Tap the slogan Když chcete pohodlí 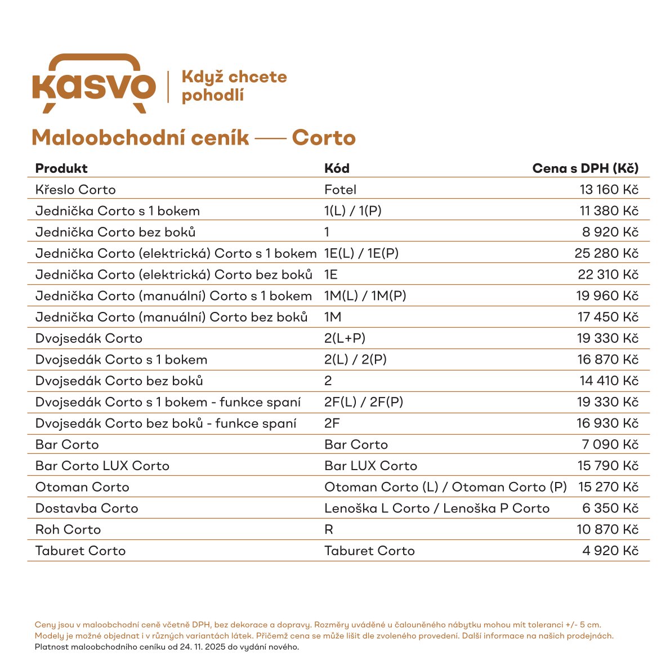click(234, 86)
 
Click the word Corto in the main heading click(324, 138)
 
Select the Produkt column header click(61, 168)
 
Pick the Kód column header click(337, 168)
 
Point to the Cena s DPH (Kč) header click(585, 168)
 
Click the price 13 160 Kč click(609, 190)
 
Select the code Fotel click(340, 190)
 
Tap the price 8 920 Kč click(610, 232)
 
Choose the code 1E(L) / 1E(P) click(361, 253)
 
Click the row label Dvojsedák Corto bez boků click(119, 381)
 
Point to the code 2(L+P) click(345, 338)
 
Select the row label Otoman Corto click(82, 487)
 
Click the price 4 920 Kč click(610, 551)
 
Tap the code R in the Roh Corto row click(329, 530)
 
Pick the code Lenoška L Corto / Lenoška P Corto click(436, 508)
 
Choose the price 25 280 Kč click(606, 253)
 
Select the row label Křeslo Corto click(75, 190)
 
